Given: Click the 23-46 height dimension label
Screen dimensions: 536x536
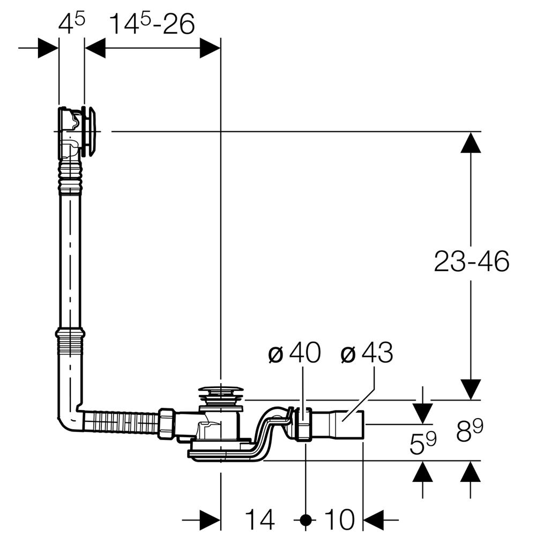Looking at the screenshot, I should point(471,262).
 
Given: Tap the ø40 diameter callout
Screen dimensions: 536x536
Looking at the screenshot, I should point(294,354).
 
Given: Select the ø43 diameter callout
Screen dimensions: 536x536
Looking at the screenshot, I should point(367,354).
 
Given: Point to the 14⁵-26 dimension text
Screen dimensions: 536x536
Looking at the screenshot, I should point(152,24).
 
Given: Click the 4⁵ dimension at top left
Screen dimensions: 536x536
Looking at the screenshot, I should point(71,24).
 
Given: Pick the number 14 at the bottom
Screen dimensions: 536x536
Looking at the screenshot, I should point(260,519).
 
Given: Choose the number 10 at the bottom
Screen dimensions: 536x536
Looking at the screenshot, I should point(339,519).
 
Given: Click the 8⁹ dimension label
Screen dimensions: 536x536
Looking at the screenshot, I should point(471,431).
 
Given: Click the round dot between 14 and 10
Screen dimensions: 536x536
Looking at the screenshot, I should point(306,519).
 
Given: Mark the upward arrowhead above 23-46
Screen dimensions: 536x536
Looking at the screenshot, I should point(471,142).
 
